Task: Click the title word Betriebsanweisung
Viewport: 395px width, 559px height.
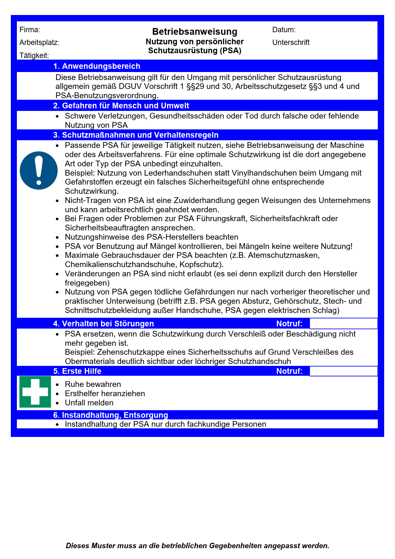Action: point(195,32)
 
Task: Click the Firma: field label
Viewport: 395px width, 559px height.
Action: point(30,30)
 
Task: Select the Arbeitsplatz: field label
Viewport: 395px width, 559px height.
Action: point(39,43)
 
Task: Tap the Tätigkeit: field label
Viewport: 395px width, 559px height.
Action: point(34,55)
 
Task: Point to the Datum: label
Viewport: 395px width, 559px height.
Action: point(284,30)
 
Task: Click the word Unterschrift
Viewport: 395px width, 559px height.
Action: point(291,43)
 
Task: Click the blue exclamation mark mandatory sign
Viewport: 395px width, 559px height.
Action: point(39,171)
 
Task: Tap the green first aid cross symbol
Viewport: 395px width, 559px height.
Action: point(35,392)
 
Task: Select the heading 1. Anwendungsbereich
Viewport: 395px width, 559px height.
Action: point(97,66)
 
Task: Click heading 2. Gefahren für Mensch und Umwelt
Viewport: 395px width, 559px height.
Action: point(121,106)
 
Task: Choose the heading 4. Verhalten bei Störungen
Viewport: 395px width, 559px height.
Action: point(103,324)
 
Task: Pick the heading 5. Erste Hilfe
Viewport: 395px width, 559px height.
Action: point(77,371)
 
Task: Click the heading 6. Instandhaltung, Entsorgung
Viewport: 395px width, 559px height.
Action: point(110,415)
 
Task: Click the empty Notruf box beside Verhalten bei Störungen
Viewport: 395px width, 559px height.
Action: point(343,324)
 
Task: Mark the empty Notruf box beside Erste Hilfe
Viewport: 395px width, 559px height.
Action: point(343,371)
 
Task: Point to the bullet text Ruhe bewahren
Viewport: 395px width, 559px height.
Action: point(93,384)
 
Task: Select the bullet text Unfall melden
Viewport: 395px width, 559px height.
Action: point(89,403)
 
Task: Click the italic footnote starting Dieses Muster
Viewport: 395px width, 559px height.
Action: point(197,546)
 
